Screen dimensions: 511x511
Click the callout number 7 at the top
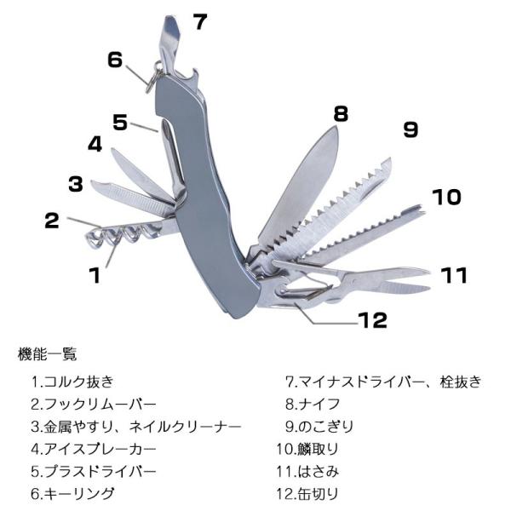[x=198, y=20]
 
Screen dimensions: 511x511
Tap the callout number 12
[x=372, y=320]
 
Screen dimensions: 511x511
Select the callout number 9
[x=411, y=129]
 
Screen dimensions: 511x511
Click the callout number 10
[x=445, y=198]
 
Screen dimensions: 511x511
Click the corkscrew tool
[x=128, y=233]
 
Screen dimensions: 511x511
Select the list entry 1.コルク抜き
[x=72, y=382]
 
